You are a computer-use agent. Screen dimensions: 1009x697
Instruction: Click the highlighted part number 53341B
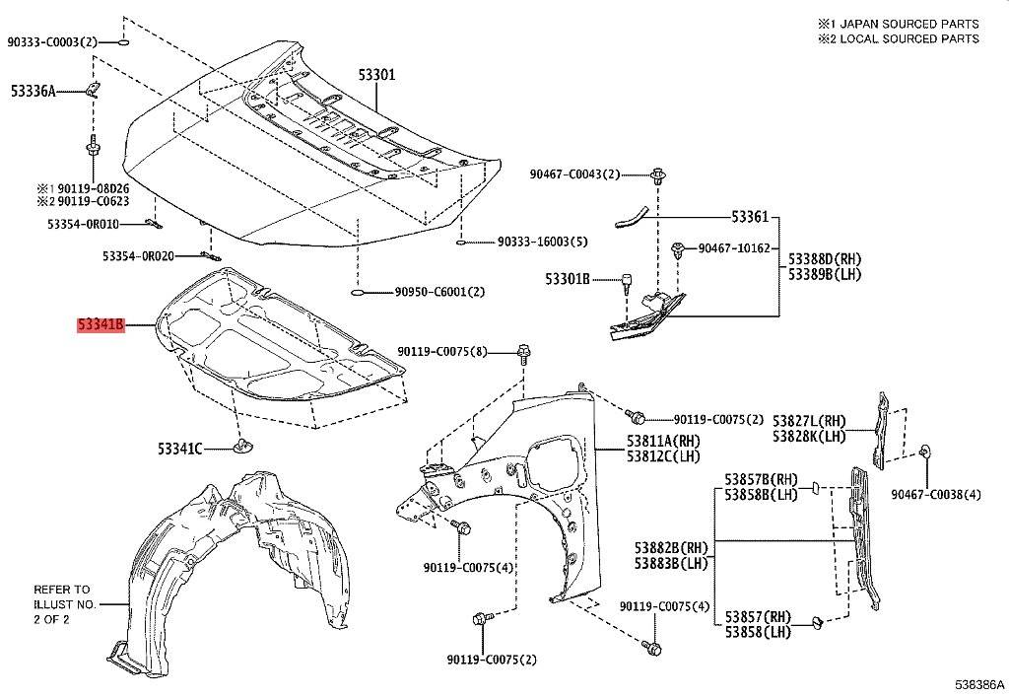tap(101, 325)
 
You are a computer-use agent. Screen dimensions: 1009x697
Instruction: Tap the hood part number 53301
tap(377, 75)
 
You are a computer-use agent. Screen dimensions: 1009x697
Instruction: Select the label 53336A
tap(34, 92)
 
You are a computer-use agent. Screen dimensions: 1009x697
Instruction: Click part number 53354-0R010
tap(83, 224)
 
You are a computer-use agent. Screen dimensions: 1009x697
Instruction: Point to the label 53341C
tap(180, 448)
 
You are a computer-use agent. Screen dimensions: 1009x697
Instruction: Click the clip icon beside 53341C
tap(242, 446)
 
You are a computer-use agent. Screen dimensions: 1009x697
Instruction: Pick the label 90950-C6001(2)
tap(440, 292)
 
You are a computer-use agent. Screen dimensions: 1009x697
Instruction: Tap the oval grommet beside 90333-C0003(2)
tap(123, 42)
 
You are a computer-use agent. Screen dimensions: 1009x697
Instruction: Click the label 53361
tap(750, 217)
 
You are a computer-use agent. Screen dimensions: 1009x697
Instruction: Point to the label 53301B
tap(568, 279)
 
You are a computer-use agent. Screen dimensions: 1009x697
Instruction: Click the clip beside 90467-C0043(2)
tap(657, 175)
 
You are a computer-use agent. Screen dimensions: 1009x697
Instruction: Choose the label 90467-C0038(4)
tap(936, 494)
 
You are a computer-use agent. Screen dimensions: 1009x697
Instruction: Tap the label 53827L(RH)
tap(810, 421)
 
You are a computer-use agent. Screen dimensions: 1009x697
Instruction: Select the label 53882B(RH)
tap(671, 548)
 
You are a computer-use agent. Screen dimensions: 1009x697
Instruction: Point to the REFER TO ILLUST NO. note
tap(65, 604)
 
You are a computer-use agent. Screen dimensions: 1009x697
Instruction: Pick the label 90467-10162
tap(734, 247)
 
